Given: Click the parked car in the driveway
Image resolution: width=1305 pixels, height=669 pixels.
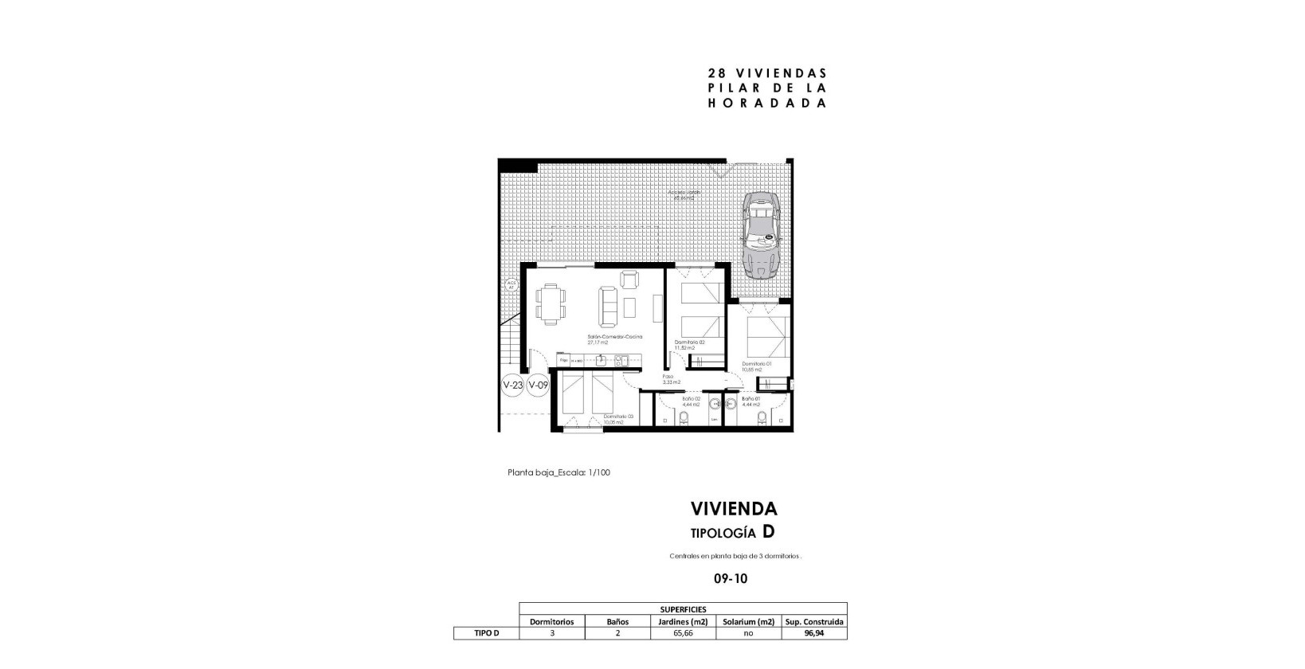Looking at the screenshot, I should point(762,232).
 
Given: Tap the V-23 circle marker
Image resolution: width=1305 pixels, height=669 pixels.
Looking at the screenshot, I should point(513,385).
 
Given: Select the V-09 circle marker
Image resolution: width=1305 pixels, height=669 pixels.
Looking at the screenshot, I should point(539,385).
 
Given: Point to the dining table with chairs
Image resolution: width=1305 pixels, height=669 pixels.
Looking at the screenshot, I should point(551,304).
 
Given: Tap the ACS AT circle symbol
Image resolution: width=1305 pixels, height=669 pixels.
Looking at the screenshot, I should point(511,285).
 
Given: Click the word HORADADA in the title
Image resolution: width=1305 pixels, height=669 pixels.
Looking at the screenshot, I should point(766,104).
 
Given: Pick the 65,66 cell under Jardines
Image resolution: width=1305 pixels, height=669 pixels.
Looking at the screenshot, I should point(683,634).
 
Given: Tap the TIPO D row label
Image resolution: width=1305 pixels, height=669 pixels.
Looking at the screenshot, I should point(486,634).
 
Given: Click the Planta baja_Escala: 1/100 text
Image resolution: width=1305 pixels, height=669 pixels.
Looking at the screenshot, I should point(558,472).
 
